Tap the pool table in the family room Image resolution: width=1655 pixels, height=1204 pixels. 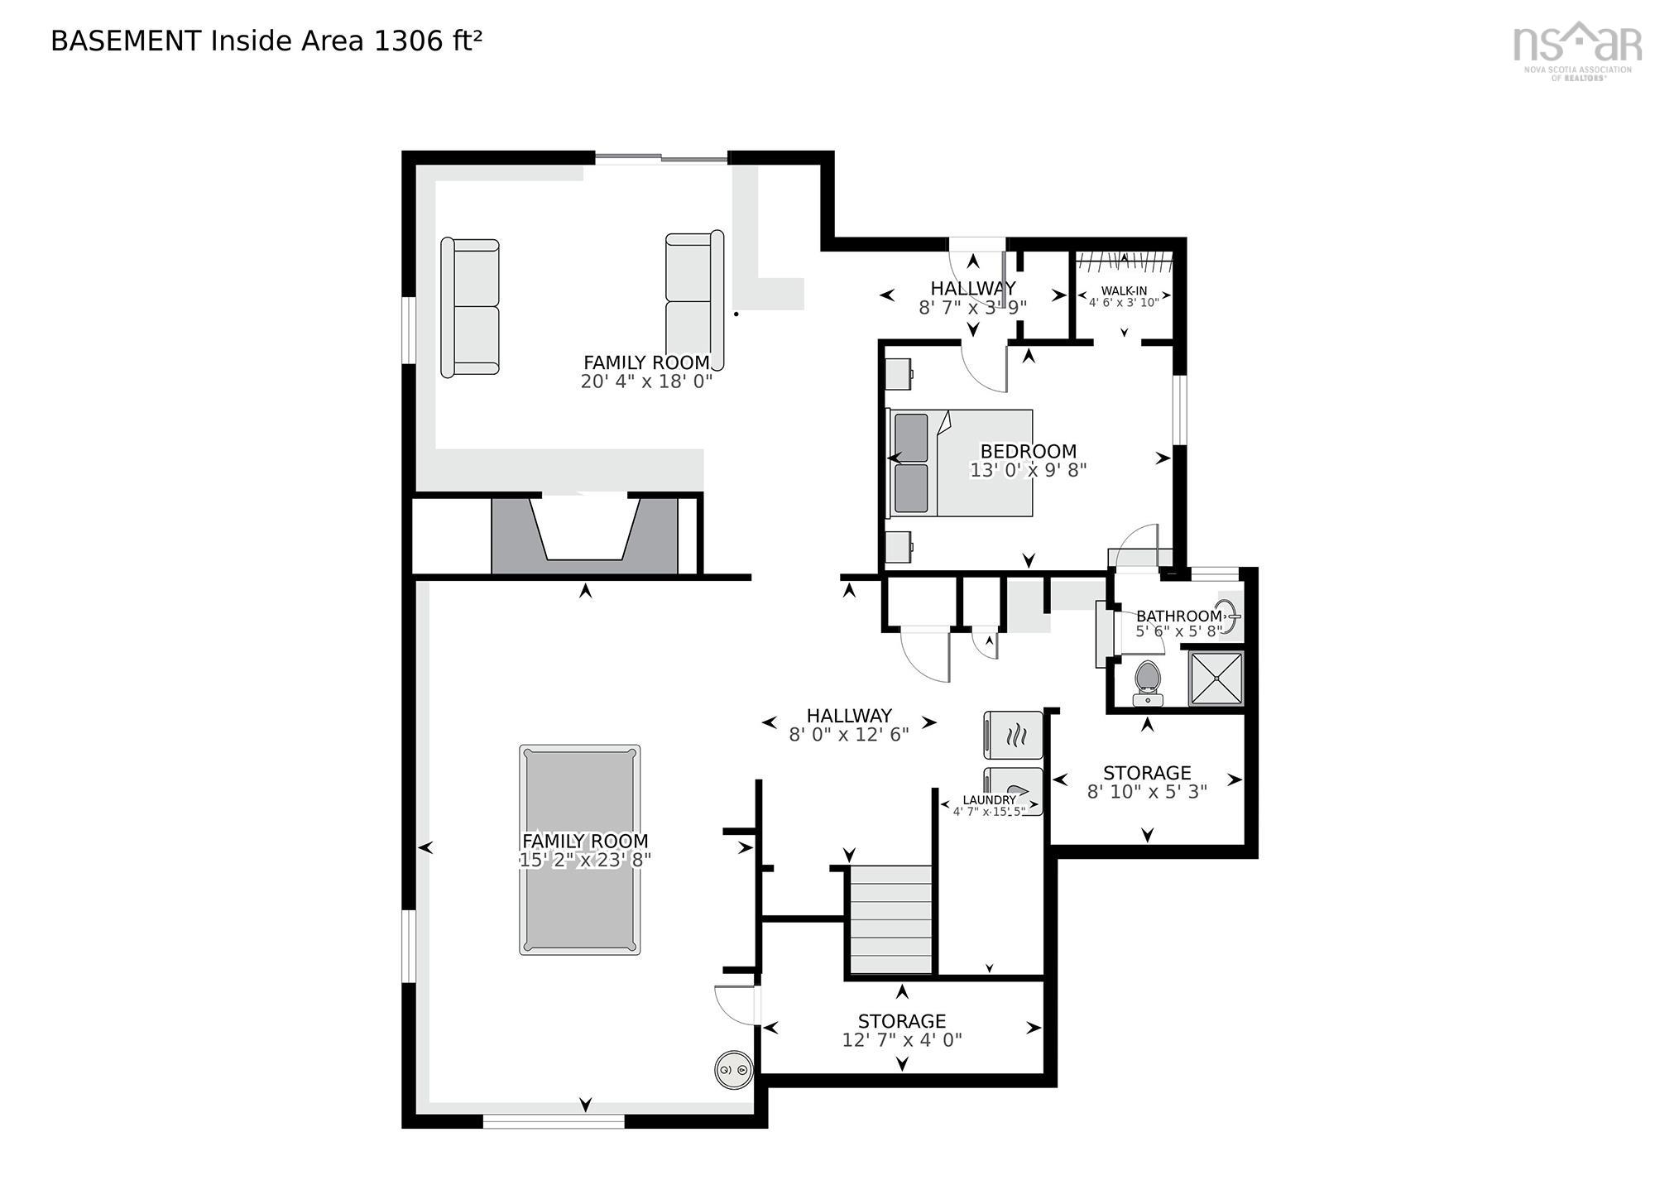click(579, 850)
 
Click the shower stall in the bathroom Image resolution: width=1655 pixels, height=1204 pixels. click(1216, 679)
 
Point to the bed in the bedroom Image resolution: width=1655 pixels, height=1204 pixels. click(960, 463)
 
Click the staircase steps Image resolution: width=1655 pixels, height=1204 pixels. click(890, 919)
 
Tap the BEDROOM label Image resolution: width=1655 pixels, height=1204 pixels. click(1029, 452)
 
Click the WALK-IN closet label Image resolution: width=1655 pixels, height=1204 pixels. click(1124, 291)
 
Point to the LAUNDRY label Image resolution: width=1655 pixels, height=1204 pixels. click(989, 800)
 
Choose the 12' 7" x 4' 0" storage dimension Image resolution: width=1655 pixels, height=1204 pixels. click(902, 1040)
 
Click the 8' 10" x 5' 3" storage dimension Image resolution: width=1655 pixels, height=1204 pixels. click(1147, 791)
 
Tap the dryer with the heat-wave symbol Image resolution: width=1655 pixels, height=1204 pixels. click(1014, 735)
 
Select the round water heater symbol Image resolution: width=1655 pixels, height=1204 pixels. click(734, 1070)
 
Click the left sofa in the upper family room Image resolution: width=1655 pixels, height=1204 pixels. click(470, 308)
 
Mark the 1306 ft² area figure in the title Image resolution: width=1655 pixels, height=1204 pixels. click(429, 41)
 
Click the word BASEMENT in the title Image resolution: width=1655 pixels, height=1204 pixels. click(126, 41)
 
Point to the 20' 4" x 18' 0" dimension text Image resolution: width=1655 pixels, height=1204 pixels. click(646, 382)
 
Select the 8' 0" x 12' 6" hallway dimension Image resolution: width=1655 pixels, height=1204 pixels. click(849, 735)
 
